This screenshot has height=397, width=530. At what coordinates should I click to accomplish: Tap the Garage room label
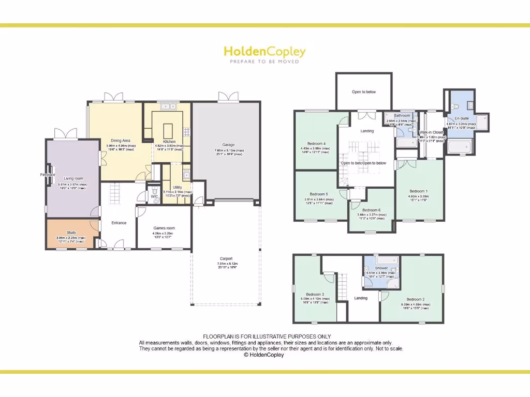[x=228, y=145]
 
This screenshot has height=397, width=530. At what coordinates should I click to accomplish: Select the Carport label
[x=226, y=258]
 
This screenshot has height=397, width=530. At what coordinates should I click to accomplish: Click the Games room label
[x=164, y=228]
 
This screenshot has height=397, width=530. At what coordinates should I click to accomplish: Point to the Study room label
[x=71, y=233]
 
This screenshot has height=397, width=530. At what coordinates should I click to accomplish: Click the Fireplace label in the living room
[x=48, y=175]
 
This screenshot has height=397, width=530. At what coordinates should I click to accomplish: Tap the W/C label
[x=154, y=196]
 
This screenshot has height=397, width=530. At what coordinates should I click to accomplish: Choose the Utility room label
[x=178, y=188]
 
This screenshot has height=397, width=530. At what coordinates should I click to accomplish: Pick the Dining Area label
[x=120, y=141]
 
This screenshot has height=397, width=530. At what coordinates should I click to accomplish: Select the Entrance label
[x=119, y=223]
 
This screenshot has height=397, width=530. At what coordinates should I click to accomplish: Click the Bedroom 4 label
[x=316, y=143]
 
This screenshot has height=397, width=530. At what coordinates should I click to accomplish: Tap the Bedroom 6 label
[x=371, y=210]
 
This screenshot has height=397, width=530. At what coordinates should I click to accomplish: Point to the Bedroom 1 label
[x=418, y=191]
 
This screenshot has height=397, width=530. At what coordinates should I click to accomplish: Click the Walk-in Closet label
[x=431, y=132]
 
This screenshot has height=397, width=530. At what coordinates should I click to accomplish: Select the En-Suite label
[x=462, y=118]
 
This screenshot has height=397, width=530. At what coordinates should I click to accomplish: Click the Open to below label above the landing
[x=364, y=92]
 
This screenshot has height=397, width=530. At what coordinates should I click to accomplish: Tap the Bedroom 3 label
[x=314, y=294]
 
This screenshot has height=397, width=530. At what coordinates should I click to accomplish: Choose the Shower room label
[x=381, y=268]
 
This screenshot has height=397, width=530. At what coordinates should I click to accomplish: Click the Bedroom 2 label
[x=415, y=299]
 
